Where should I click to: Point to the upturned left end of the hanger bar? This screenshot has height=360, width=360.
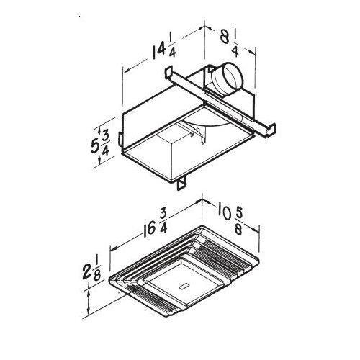point(168,74)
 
